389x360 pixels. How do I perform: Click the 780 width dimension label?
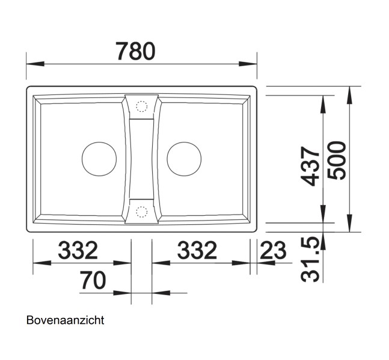136,51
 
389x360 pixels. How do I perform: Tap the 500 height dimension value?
337,160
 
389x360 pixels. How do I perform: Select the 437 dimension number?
310,166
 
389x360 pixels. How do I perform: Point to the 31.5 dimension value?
310,260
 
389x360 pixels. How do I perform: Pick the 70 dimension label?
93,280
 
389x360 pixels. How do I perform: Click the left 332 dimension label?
78,250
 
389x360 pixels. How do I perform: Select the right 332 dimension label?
197,250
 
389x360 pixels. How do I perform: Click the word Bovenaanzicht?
66,320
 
